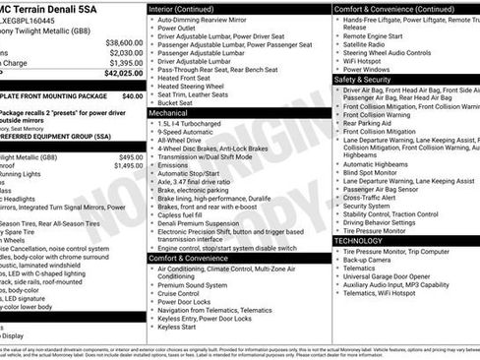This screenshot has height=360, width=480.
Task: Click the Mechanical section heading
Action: pyautogui.click(x=170, y=113)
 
